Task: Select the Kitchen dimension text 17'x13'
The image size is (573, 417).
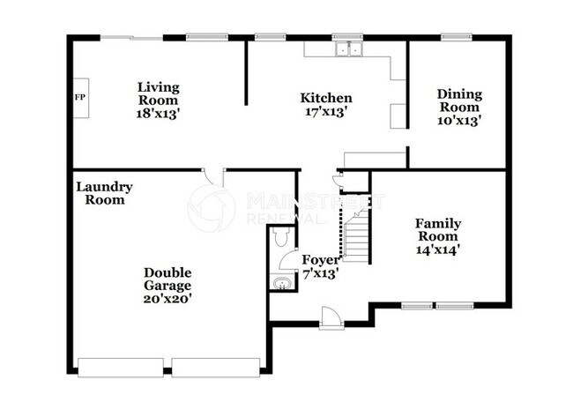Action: point(326,112)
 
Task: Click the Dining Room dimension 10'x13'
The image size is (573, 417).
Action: point(458,121)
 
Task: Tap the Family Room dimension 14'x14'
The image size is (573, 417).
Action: point(438,249)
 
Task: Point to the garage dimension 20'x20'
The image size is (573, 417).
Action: point(167,298)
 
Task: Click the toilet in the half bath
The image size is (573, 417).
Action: point(280,237)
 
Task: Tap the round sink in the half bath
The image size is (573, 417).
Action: point(280,282)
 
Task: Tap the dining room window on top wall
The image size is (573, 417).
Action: point(455,37)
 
